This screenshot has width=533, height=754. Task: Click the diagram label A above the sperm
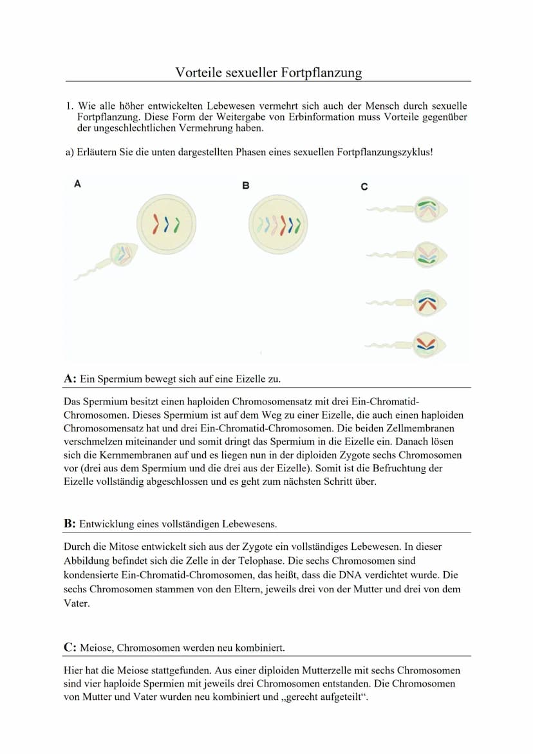pyautogui.click(x=78, y=184)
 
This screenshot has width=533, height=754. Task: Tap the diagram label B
pyautogui.click(x=245, y=185)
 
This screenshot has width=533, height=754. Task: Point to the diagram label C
pyautogui.click(x=364, y=187)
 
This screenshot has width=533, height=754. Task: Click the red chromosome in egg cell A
pyautogui.click(x=155, y=224)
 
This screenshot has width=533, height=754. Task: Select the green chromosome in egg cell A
pyautogui.click(x=176, y=224)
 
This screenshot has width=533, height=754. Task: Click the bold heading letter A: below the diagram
pyautogui.click(x=70, y=379)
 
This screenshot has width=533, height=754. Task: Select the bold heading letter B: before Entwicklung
pyautogui.click(x=70, y=523)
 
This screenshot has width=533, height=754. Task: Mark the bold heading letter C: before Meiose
pyautogui.click(x=70, y=647)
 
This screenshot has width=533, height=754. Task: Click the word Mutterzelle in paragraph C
pyautogui.click(x=303, y=671)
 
